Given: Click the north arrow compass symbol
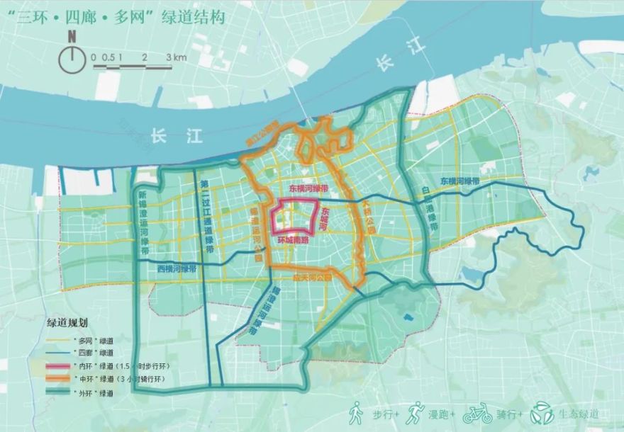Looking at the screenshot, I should pos(71,57).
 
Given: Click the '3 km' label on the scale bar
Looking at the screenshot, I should pos(176,57).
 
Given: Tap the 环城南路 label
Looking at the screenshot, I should pos(293,241).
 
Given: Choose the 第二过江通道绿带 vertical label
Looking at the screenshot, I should pos(205,212).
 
